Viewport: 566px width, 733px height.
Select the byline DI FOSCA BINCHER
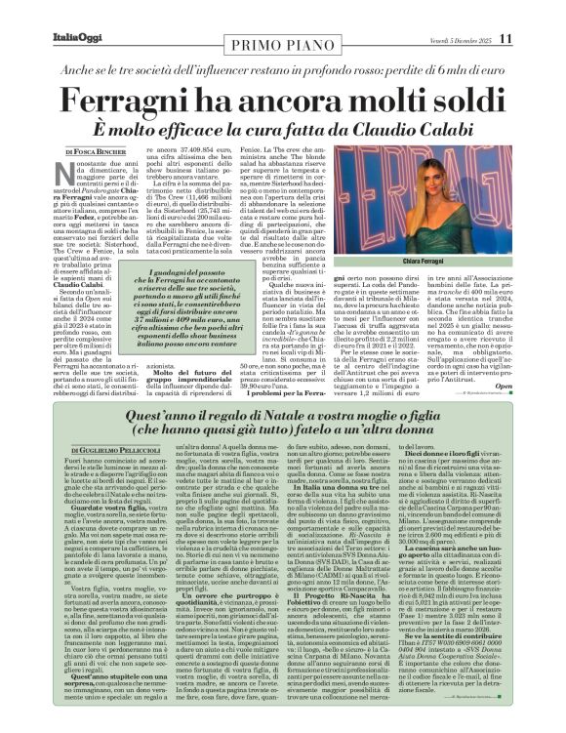[x=95, y=153]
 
